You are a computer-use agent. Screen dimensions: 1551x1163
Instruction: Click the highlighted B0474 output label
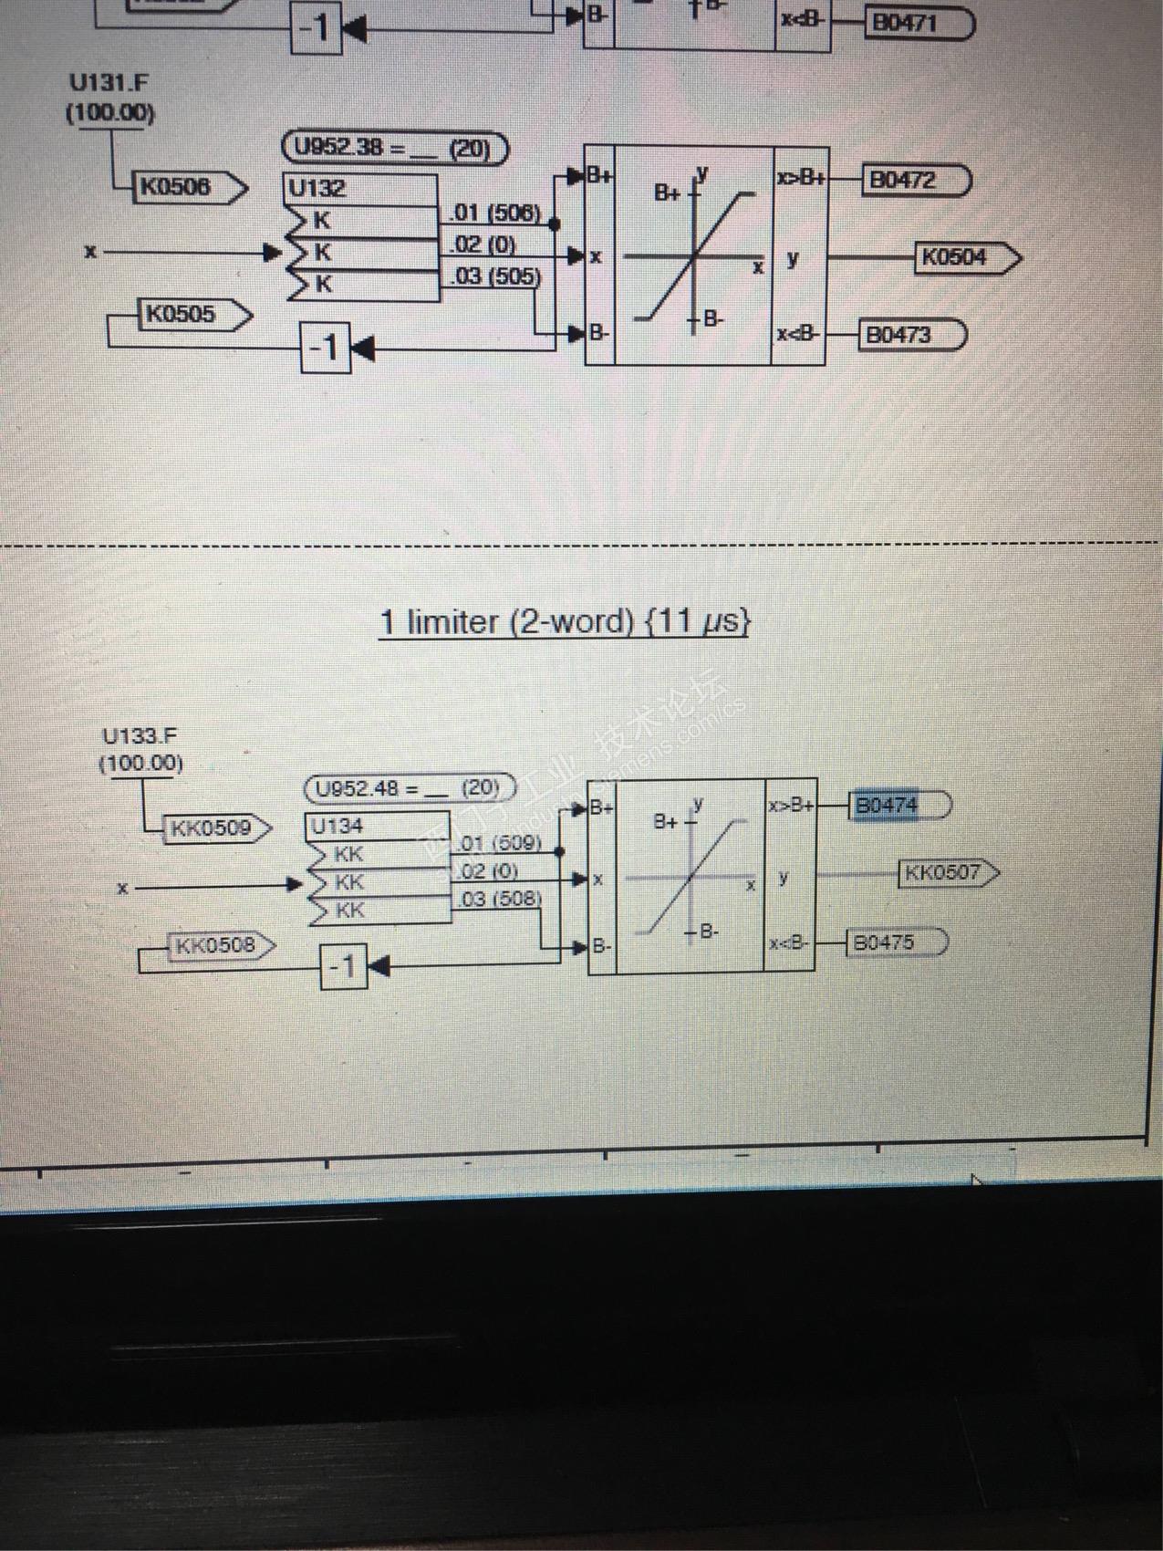[886, 807]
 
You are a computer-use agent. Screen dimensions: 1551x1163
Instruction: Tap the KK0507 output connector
[945, 873]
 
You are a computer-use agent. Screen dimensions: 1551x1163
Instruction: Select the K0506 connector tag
[175, 187]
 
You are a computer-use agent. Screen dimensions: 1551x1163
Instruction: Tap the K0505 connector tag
[182, 315]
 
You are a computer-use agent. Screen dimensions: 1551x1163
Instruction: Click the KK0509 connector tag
[211, 828]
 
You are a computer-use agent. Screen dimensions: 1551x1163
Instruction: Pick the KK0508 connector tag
[215, 944]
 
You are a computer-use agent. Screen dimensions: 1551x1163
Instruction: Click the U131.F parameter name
[109, 83]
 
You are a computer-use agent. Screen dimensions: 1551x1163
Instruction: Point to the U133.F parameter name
[140, 735]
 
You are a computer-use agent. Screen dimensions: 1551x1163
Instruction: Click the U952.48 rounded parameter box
[408, 788]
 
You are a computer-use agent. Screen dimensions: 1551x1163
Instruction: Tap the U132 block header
[318, 189]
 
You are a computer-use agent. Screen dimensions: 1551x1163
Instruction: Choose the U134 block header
[337, 827]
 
